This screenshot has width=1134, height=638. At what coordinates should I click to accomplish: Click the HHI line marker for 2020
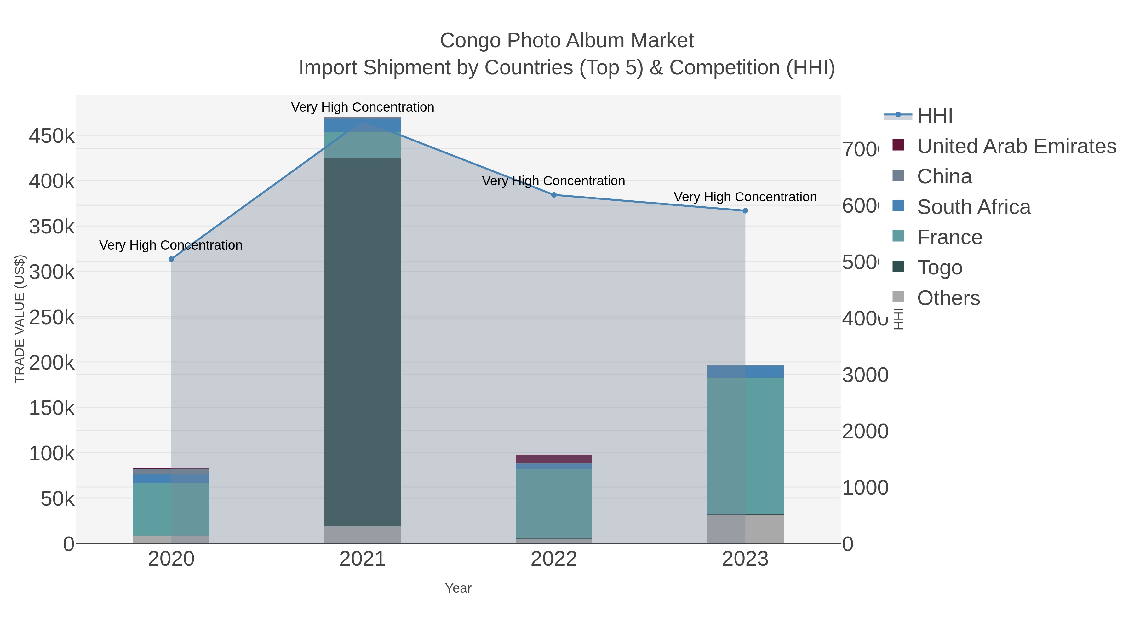[171, 259]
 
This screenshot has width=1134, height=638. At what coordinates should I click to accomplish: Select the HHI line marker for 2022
[554, 195]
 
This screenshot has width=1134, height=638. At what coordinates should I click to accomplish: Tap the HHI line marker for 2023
[745, 211]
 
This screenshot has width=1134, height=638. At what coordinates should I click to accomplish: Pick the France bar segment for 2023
[745, 445]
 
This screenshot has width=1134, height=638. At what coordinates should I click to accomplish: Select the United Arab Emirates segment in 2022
[554, 459]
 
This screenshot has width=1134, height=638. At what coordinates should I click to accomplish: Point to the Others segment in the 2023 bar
[745, 529]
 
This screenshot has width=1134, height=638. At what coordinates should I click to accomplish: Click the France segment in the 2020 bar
[171, 509]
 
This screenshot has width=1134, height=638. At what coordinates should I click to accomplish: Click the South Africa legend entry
[973, 207]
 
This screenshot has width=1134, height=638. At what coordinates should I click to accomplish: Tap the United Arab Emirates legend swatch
[898, 145]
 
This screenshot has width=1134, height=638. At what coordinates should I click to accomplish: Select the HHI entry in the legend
[934, 116]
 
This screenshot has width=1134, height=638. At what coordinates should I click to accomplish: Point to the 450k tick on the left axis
[52, 136]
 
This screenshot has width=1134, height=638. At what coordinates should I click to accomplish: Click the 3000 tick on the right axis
[865, 375]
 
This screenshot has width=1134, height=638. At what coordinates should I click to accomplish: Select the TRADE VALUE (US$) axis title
[20, 319]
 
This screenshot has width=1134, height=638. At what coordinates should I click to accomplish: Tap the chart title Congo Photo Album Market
[567, 41]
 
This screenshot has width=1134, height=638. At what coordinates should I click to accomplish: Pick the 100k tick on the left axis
[52, 453]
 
